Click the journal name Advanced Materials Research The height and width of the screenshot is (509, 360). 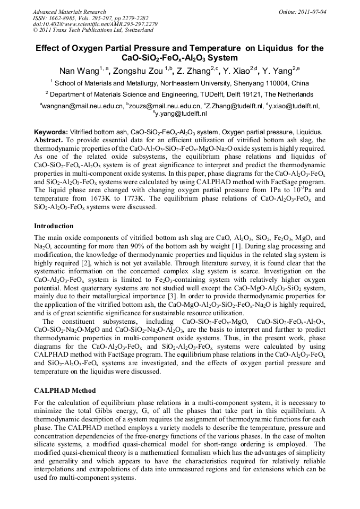69,12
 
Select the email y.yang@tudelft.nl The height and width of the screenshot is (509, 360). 181,114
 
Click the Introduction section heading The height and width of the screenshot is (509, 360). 54,226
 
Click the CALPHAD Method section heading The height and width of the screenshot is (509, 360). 65,391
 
